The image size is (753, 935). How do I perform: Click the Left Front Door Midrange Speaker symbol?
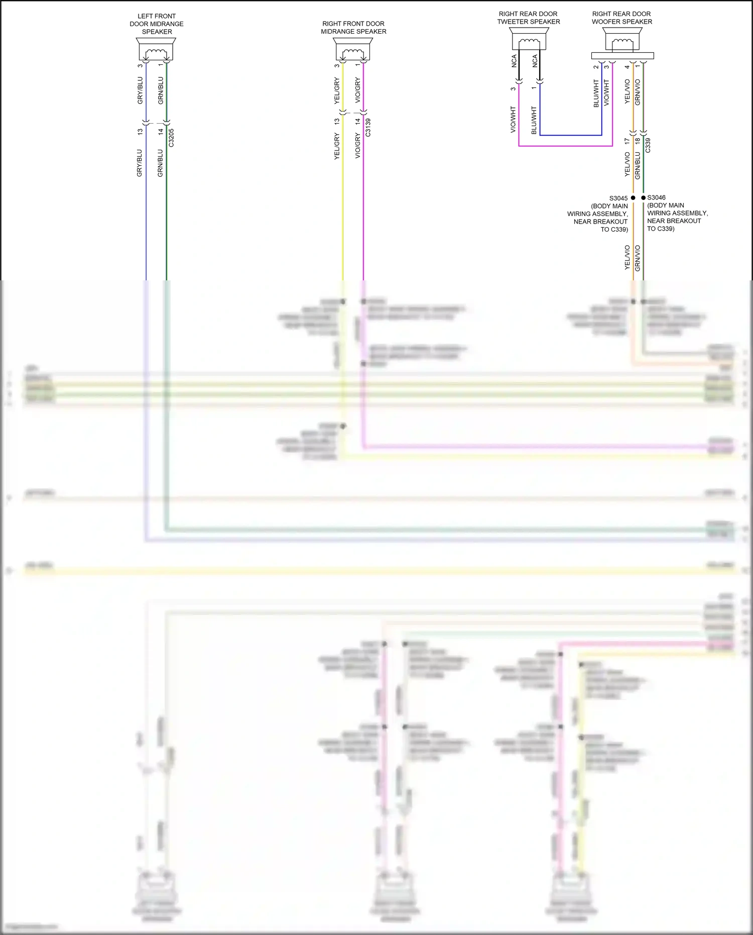(x=156, y=49)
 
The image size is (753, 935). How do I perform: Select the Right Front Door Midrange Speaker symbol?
(x=353, y=49)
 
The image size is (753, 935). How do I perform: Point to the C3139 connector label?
(x=368, y=128)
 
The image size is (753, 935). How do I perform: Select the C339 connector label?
(x=648, y=145)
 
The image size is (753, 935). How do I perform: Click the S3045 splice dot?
(x=633, y=198)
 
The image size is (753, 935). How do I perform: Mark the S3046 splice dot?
(x=643, y=198)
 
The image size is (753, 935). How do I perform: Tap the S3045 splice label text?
(x=618, y=198)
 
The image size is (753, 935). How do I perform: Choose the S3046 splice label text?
(x=657, y=197)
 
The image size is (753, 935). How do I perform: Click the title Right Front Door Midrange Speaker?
(x=353, y=28)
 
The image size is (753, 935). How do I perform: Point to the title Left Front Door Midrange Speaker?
(x=157, y=24)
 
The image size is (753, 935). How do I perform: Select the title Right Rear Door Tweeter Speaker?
(x=529, y=18)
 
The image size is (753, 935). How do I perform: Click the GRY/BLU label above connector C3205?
(x=140, y=90)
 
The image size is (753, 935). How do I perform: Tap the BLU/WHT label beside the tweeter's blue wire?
(x=534, y=120)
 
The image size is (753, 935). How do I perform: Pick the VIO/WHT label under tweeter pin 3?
(x=513, y=120)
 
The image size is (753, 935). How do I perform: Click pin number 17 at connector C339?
(x=627, y=142)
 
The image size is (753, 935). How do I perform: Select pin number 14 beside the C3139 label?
(x=357, y=121)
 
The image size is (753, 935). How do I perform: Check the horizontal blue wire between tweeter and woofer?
(x=571, y=135)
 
